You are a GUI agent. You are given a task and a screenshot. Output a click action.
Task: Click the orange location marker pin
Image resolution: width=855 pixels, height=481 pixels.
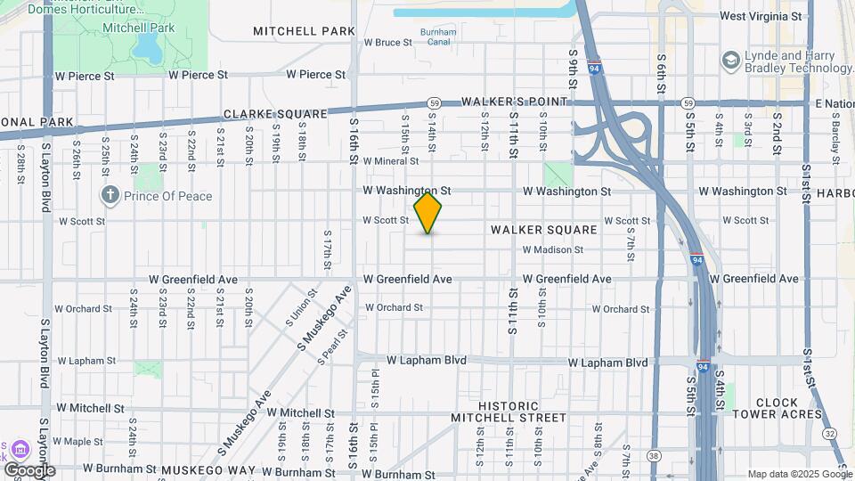(x=427, y=213)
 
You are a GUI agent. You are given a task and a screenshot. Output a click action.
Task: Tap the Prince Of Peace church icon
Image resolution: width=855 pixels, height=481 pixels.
(x=110, y=195)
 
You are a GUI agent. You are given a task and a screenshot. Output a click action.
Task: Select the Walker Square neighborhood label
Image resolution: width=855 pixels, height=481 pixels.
(x=543, y=230)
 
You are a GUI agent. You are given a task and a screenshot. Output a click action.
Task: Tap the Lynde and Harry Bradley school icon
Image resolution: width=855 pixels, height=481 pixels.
(x=731, y=61)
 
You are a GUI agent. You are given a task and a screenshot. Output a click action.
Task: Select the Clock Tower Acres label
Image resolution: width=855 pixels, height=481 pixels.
(x=777, y=408)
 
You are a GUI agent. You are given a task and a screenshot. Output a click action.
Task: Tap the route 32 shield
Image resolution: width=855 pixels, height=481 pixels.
(x=830, y=434)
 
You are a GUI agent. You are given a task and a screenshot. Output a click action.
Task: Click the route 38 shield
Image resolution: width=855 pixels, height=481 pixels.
(x=654, y=456)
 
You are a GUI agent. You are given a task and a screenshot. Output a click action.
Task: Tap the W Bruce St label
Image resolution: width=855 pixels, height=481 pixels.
(x=387, y=42)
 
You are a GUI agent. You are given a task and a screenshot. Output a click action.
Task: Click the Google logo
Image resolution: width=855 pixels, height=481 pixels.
(x=29, y=470)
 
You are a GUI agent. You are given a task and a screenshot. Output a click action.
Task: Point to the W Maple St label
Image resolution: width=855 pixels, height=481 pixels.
(x=78, y=441)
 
